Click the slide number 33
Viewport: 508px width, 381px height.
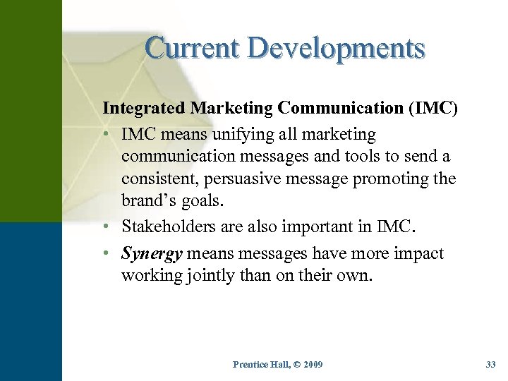(x=491, y=364)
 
